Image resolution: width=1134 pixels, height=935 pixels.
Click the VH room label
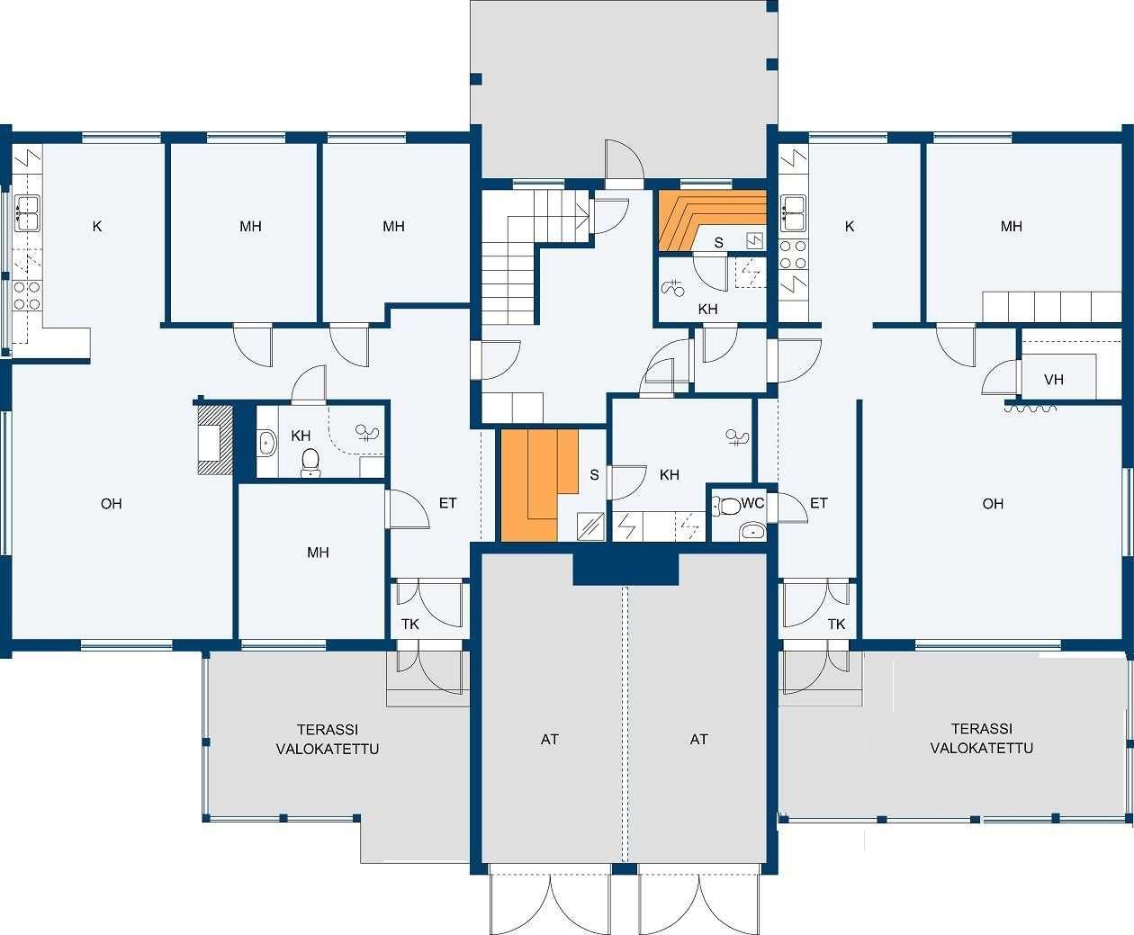point(1054,379)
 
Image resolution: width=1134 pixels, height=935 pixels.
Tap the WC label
point(752,503)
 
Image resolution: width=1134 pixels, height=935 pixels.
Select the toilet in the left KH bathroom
point(310,463)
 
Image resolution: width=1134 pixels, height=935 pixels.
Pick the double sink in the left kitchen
point(27,213)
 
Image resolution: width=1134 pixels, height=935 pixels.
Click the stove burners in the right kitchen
point(793,255)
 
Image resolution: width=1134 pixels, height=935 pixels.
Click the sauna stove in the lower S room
point(590,526)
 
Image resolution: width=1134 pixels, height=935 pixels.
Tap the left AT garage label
point(549,739)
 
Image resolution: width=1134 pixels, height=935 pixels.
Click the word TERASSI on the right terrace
point(981,728)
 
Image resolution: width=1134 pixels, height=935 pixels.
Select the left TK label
point(410,625)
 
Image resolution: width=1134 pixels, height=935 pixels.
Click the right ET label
point(818,503)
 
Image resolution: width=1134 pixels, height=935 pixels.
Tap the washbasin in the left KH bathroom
point(266,442)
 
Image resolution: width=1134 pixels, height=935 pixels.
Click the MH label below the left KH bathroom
point(318,553)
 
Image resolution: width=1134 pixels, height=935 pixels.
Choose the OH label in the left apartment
point(111,503)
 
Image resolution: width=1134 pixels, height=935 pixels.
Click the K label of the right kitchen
point(850,226)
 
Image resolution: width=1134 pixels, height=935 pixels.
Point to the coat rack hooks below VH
point(1030,409)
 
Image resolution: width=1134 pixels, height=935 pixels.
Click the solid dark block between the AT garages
point(625,569)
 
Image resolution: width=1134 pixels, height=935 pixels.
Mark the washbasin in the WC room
point(752,530)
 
